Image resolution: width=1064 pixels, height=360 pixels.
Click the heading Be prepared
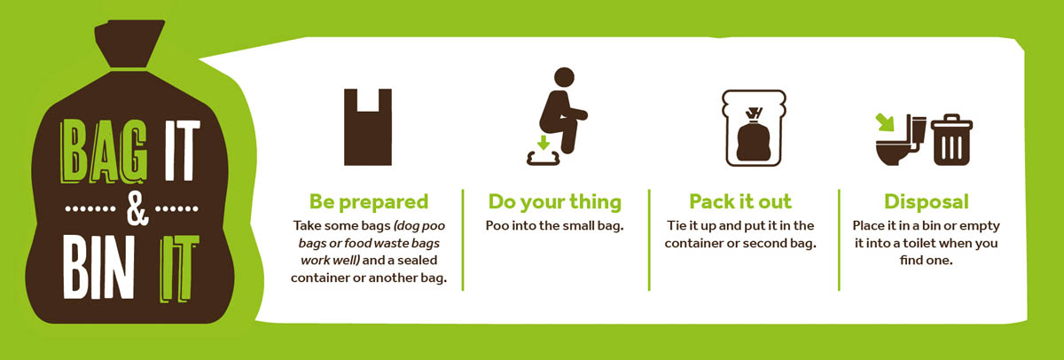(369, 202)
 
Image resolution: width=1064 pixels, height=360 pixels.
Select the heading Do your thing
(555, 202)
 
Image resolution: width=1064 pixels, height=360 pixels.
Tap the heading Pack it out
(740, 202)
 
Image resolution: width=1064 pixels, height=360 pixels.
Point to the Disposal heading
(927, 202)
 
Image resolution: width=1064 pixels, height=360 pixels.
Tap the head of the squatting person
(564, 77)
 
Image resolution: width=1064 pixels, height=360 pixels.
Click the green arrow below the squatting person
(544, 142)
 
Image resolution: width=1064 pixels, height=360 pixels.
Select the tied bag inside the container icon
(754, 136)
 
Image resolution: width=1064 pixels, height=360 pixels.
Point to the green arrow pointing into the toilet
(885, 122)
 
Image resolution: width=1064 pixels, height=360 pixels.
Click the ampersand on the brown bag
(137, 208)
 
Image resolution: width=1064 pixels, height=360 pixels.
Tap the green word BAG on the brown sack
(103, 152)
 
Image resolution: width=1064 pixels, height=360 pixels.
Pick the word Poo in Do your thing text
(497, 225)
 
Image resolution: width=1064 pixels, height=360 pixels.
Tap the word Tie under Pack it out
(676, 225)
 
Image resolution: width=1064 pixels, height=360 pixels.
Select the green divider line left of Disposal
(839, 239)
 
